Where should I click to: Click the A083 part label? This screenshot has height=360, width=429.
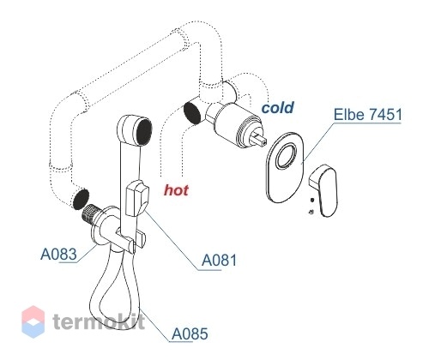point(58,254)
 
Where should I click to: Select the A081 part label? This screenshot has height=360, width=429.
point(220,260)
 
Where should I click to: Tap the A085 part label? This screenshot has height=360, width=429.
point(190,333)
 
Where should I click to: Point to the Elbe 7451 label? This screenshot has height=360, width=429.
point(368,114)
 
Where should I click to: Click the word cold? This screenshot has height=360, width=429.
point(278,107)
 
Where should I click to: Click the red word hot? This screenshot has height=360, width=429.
point(176,190)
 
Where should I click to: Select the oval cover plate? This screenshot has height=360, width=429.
point(285,168)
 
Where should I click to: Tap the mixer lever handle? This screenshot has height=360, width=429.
point(324,189)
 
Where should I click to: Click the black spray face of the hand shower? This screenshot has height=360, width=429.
point(144,132)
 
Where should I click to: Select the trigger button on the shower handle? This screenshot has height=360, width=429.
point(136,198)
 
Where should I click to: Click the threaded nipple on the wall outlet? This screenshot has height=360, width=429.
point(91,213)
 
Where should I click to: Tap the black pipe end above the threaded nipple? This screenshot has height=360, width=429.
point(81,199)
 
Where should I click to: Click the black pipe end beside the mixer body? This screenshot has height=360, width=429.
point(192,113)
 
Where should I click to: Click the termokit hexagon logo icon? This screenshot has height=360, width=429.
point(33,322)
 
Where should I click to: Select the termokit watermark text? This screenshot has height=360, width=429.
point(99,322)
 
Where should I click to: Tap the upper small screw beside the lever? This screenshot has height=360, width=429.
point(312,200)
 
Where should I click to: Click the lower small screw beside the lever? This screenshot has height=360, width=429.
point(311,212)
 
